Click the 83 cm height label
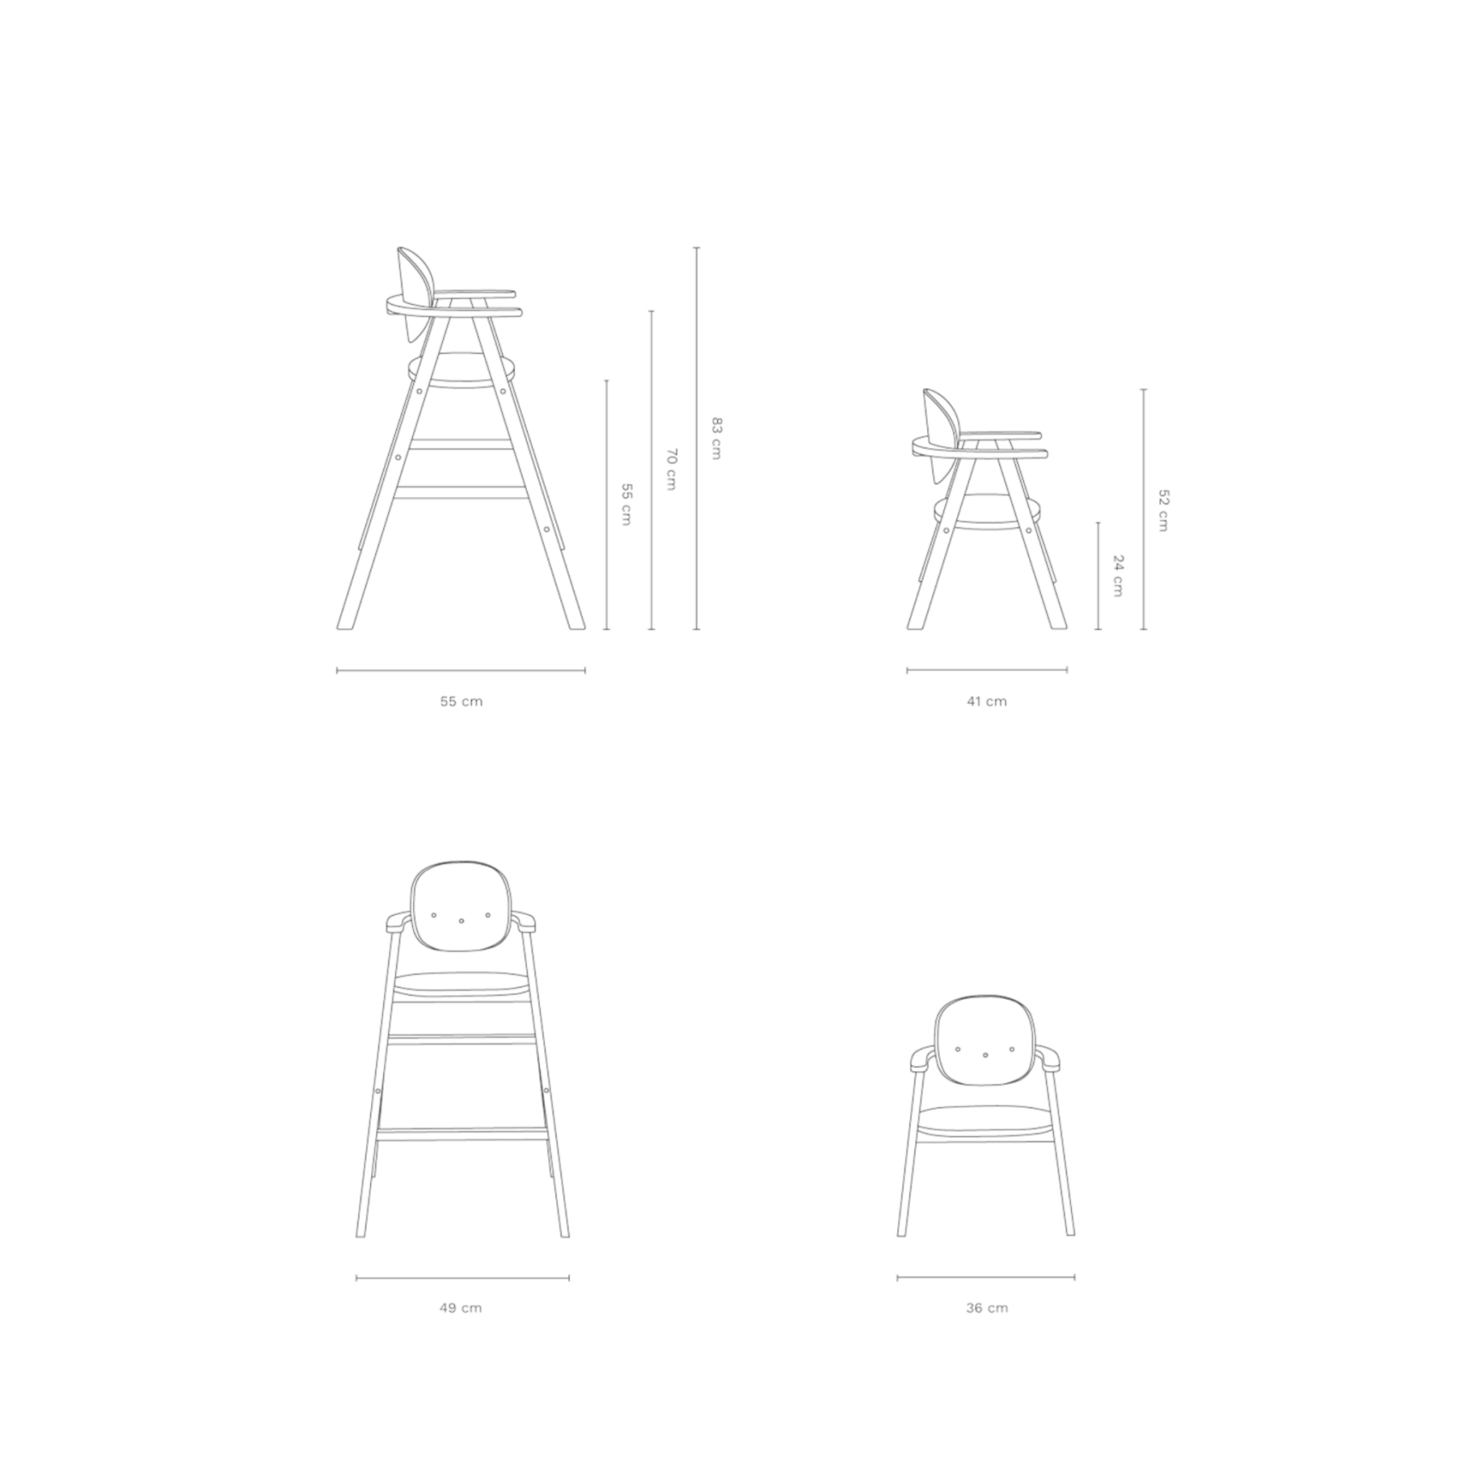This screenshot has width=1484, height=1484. tap(716, 438)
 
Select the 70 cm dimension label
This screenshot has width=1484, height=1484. tap(671, 469)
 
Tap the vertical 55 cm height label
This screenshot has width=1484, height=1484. tap(626, 505)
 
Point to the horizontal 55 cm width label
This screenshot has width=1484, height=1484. tap(461, 702)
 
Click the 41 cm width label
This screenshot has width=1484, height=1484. tap(987, 702)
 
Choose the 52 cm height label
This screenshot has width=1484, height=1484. tap(1163, 510)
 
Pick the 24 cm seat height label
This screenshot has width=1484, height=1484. tap(1118, 575)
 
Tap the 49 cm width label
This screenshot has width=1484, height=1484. tap(461, 1308)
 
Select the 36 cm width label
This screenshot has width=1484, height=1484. tap(987, 1308)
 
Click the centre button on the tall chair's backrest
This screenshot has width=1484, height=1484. tap(462, 921)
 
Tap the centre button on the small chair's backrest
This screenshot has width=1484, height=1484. tap(986, 1055)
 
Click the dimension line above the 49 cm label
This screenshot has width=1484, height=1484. tap(463, 1278)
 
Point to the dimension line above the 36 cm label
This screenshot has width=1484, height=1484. tap(986, 1278)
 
